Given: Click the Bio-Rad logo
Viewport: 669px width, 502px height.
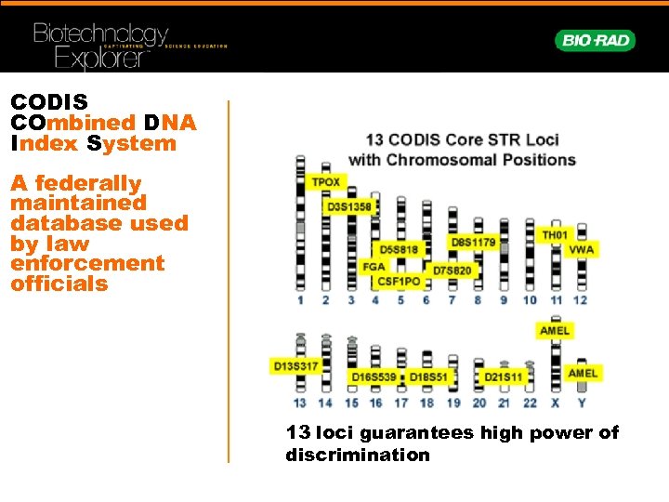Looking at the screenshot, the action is (596, 40).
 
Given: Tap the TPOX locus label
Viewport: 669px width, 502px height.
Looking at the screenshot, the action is (325, 182).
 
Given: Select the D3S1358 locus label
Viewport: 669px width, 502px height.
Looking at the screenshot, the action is (350, 206).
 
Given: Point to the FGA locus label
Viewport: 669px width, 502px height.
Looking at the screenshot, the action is (374, 267).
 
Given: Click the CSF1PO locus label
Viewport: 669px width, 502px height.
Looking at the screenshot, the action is (399, 281).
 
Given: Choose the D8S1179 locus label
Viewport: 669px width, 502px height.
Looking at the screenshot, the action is (473, 243).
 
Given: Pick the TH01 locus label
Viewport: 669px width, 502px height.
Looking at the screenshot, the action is (555, 235).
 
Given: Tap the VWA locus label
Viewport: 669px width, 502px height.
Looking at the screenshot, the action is (581, 250).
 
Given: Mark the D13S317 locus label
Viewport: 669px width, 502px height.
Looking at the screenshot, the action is (295, 366).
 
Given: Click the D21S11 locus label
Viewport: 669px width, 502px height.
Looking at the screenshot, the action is (504, 377).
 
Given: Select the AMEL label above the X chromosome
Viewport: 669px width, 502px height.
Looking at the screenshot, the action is (555, 331).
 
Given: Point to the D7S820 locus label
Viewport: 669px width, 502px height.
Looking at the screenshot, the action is (453, 271).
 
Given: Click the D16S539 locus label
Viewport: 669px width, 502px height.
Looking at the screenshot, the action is (374, 377).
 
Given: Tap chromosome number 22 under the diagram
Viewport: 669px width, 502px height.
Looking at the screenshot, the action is (530, 403).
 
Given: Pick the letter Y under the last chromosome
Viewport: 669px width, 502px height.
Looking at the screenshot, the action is (582, 403).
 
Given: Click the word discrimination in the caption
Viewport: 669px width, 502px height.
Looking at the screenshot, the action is (358, 456).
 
